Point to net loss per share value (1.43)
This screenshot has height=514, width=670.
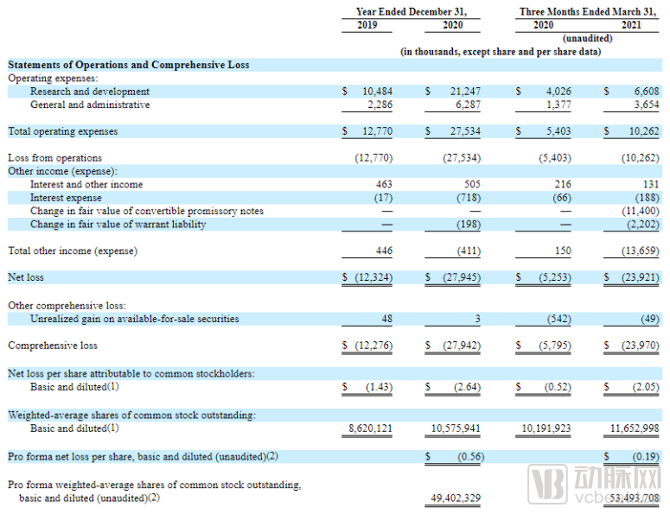[x=376, y=386]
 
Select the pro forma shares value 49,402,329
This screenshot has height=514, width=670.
[x=455, y=498]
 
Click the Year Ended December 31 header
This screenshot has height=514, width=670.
[x=411, y=11]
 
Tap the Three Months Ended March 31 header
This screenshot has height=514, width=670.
[x=581, y=11]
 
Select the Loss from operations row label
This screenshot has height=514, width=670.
[x=54, y=158]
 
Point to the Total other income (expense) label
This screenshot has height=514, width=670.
[x=73, y=251]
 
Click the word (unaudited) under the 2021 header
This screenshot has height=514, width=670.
[x=587, y=38]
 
